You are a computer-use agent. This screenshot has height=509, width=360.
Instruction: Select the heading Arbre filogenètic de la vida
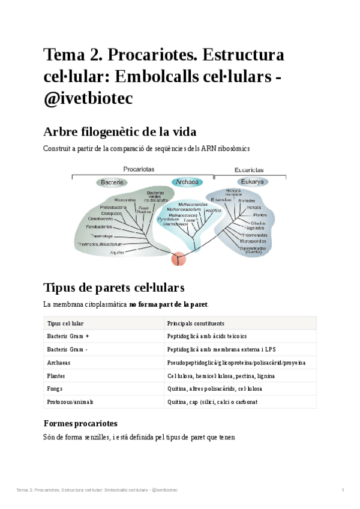point(120,131)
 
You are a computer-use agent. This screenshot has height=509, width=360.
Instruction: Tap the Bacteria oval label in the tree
point(112,182)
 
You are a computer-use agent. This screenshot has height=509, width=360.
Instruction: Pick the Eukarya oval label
point(252,182)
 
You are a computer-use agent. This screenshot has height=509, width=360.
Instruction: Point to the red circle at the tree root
point(179,259)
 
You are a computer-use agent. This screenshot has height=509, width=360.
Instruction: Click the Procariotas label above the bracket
point(139,169)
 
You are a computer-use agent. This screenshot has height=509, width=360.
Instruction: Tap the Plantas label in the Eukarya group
point(260,214)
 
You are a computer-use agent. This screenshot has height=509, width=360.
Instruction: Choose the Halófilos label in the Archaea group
point(213,211)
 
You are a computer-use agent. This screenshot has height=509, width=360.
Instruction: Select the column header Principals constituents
point(196,323)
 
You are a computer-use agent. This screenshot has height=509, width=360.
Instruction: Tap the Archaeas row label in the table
point(59,363)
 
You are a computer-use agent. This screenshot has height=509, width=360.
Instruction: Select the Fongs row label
point(55,389)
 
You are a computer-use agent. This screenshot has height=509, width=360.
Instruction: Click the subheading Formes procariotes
point(81,423)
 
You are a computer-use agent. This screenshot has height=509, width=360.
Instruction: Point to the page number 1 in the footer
point(343,490)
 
